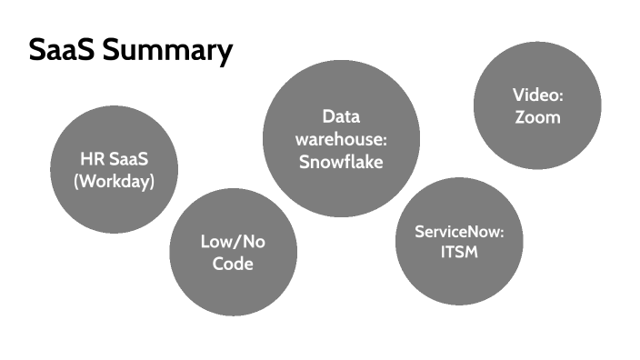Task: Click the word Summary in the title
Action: [166, 52]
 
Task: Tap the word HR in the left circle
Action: [91, 160]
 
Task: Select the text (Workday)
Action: [114, 180]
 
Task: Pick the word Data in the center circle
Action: [341, 117]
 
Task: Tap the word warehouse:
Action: [341, 140]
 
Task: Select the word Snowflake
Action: [341, 162]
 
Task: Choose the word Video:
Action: [537, 95]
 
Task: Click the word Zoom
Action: [537, 116]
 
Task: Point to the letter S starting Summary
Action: [110, 51]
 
